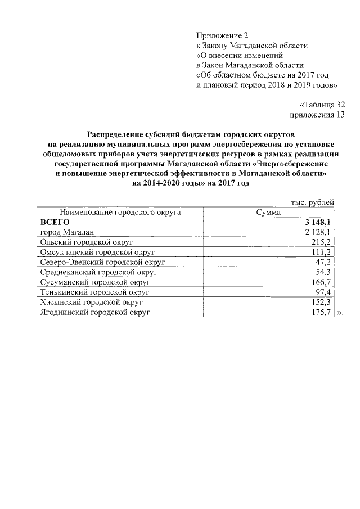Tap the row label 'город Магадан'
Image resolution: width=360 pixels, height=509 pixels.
point(66,232)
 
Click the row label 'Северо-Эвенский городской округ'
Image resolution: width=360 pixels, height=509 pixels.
point(102,262)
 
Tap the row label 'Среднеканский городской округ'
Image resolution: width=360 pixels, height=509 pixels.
point(98,272)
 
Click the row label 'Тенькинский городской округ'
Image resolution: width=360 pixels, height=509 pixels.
point(94,292)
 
